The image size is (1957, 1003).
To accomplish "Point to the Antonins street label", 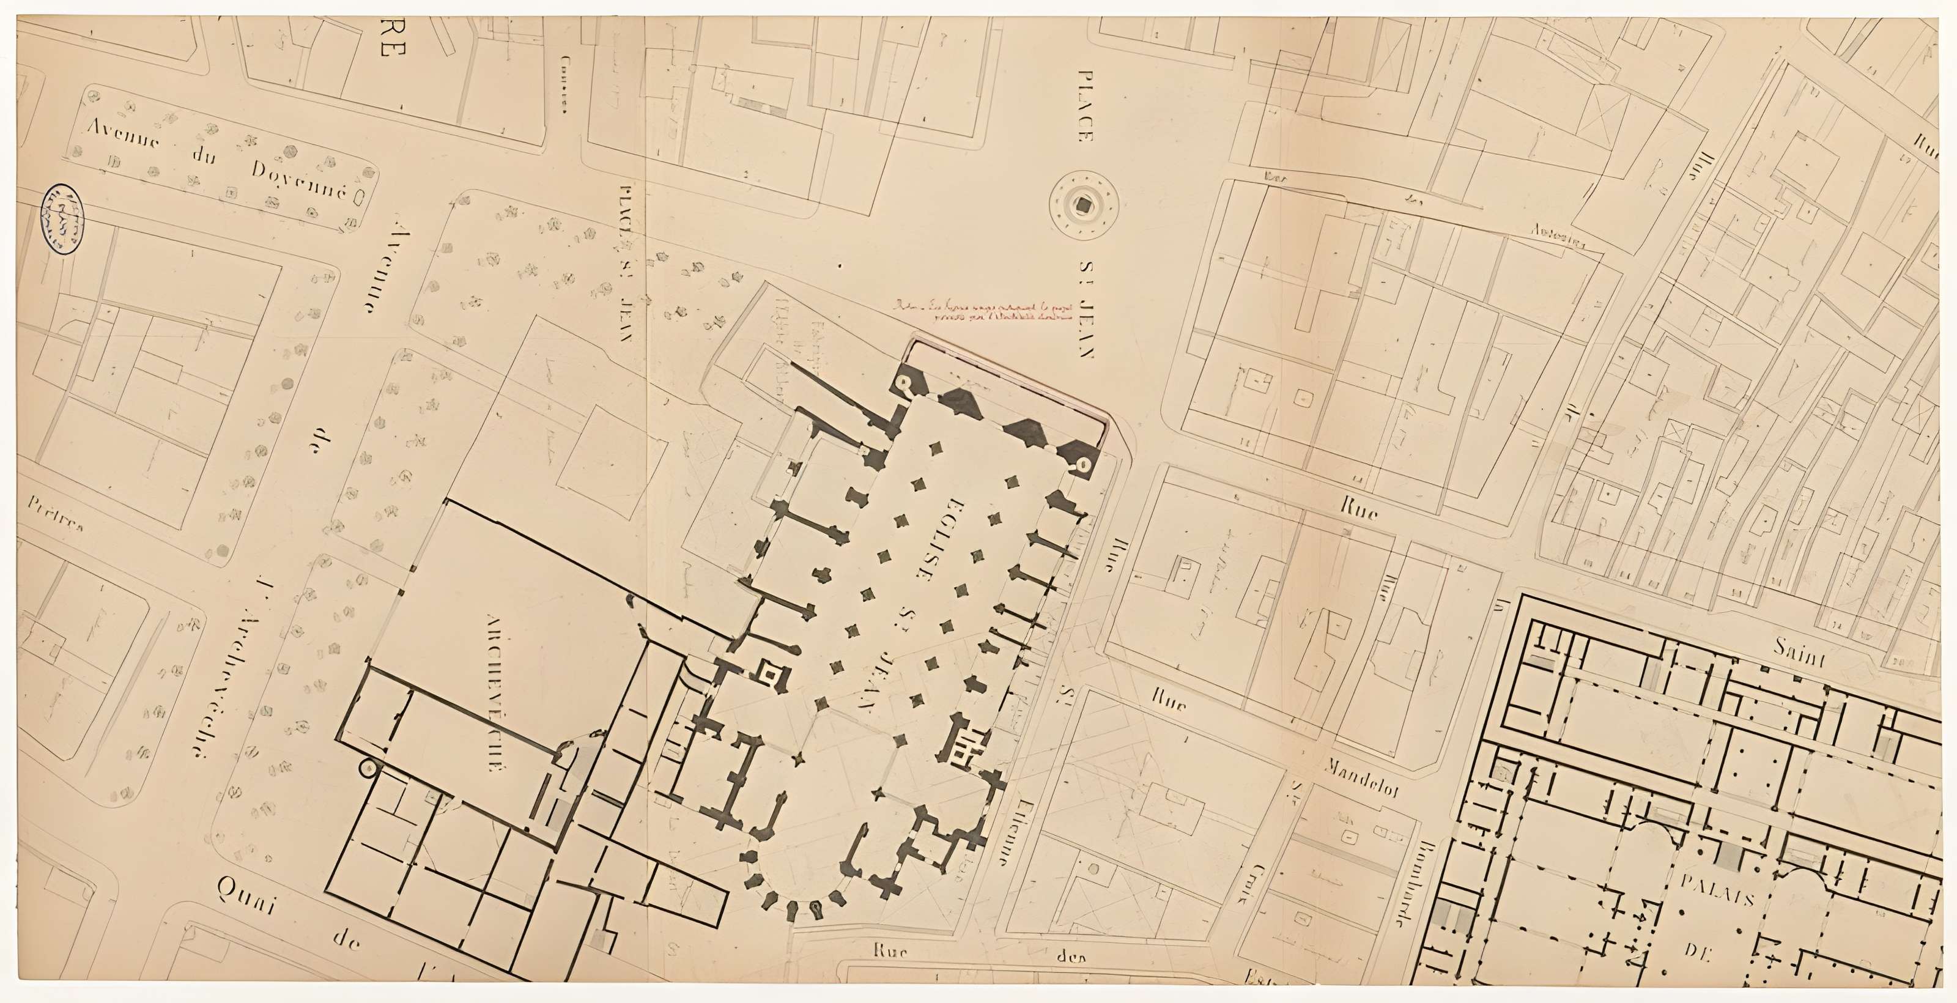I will [x=1559, y=237].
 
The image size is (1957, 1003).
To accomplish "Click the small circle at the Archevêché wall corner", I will [x=368, y=770].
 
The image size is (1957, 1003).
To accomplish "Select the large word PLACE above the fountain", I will [x=1086, y=106].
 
